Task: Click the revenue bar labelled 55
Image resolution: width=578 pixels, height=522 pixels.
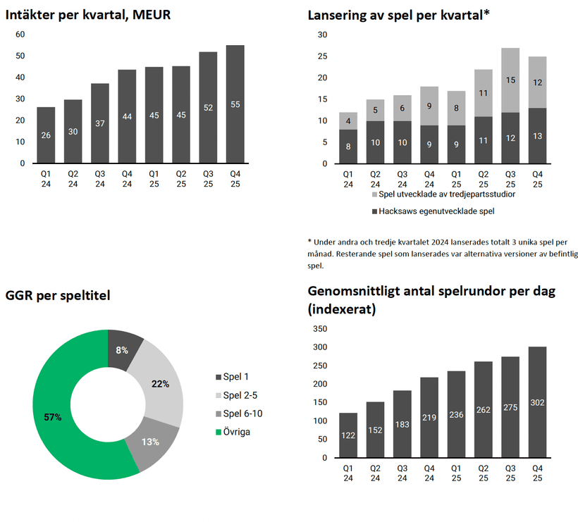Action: [235, 104]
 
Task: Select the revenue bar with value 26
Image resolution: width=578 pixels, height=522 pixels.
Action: [46, 135]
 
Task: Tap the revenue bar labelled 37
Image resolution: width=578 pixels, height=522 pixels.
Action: [99, 123]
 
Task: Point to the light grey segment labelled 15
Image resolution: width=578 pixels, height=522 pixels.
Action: [510, 80]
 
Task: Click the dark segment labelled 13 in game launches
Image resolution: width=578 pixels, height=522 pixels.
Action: [537, 135]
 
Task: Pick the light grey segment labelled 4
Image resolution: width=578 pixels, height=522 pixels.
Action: [349, 120]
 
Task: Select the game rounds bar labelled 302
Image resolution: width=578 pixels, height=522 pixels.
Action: [537, 402]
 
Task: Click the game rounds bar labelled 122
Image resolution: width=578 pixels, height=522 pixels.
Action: [349, 435]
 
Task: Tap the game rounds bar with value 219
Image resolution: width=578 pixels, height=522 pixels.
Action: [429, 417]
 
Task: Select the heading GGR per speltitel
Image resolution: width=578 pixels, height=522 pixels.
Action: [58, 295]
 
